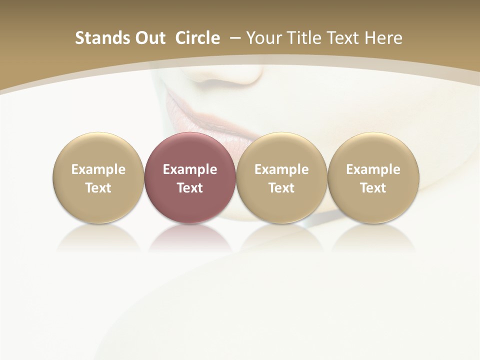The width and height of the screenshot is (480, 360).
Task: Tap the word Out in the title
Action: pyautogui.click(x=149, y=38)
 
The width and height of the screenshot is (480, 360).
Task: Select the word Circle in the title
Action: pyautogui.click(x=197, y=38)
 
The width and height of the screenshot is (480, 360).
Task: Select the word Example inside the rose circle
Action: pyautogui.click(x=190, y=169)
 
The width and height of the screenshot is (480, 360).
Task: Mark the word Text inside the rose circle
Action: pyautogui.click(x=190, y=188)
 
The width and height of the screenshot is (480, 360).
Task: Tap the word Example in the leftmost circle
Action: pyautogui.click(x=98, y=169)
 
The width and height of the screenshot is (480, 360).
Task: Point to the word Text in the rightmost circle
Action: pyautogui.click(x=373, y=188)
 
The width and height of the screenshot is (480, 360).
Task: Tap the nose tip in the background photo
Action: pyautogui.click(x=245, y=75)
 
